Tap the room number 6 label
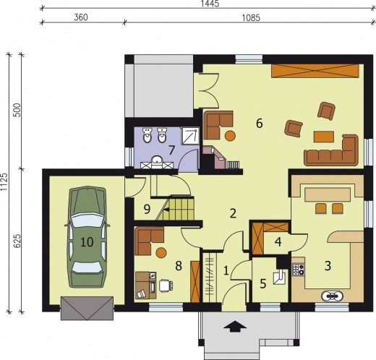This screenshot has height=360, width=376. click(260, 124)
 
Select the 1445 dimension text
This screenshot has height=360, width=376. click(210, 4)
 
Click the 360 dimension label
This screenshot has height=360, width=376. click(81, 17)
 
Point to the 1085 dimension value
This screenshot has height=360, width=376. click(251, 18)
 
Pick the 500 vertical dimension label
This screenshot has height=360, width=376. click(17, 110)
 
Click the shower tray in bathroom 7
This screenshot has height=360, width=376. click(190, 136)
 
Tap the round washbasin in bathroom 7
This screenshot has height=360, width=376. click(157, 160)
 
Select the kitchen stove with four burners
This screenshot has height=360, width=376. click(299, 270)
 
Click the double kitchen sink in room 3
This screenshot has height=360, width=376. click(332, 296)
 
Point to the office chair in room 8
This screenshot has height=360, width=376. click(166, 286)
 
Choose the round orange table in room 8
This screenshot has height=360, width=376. click(161, 253)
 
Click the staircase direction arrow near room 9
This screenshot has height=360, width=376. click(166, 210)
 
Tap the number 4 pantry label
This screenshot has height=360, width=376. click(278, 241)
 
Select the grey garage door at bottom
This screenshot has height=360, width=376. click(87, 308)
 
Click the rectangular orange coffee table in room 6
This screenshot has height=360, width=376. click(324, 137)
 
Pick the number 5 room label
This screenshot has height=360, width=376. click(263, 284)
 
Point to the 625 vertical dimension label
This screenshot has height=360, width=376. click(17, 241)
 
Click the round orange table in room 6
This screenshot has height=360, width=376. click(230, 135)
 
